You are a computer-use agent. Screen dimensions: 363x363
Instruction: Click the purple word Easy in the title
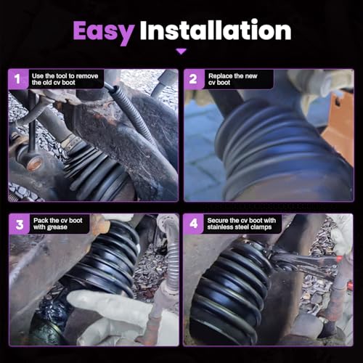(x=104, y=32)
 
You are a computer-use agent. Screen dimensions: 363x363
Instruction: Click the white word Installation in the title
(x=216, y=30)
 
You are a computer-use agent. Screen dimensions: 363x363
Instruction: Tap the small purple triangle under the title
(x=181, y=52)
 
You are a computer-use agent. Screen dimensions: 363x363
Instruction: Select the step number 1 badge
(x=18, y=79)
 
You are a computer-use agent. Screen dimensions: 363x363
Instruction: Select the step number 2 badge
(x=194, y=79)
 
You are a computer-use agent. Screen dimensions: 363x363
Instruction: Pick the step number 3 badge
(x=20, y=224)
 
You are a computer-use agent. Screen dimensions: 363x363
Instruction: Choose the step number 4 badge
(x=194, y=224)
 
